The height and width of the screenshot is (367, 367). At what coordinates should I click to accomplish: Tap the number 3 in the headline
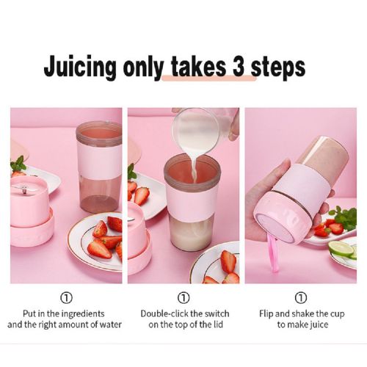(239, 66)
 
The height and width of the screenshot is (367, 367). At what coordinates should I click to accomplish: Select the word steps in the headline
(278, 68)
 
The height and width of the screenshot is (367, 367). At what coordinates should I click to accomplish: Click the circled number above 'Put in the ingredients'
(66, 298)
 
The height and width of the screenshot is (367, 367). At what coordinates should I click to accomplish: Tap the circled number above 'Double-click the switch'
(183, 298)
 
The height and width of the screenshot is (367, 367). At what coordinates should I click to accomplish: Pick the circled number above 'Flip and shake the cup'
(301, 298)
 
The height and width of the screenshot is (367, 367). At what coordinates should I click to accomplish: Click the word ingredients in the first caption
(83, 314)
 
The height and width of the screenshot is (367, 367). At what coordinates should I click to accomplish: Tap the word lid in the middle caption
(217, 325)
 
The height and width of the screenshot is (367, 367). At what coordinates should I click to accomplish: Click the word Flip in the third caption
(266, 314)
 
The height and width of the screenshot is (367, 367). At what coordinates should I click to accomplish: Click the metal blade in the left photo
(21, 189)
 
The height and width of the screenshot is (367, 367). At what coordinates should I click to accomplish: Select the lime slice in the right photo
(341, 249)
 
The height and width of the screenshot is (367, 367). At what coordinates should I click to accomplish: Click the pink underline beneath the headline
(209, 78)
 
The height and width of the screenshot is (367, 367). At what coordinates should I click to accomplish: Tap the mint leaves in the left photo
(18, 164)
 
